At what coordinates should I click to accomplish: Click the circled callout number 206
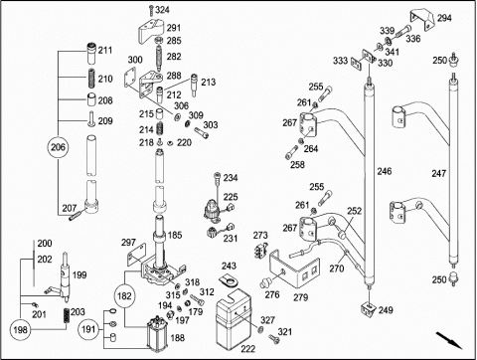pos(58,147)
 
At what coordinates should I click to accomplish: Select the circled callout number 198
pos(20,330)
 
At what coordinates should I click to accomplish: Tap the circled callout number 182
pos(124,295)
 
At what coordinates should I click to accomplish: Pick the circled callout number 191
pos(88,329)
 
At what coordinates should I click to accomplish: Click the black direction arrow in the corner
pos(449,340)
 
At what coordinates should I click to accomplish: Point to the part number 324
pos(162,10)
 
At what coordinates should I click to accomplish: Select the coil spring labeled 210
pos(91,78)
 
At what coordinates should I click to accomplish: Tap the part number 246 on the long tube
pos(385,171)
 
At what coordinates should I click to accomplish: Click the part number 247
pos(439,173)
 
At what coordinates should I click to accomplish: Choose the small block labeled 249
pos(368,309)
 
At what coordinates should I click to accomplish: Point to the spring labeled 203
pos(68,316)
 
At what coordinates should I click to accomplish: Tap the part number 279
pos(301,297)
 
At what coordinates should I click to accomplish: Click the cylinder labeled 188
pos(157,334)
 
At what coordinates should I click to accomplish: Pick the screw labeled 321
pos(274,338)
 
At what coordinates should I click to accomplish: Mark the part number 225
pos(231,197)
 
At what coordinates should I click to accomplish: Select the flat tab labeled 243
pos(230,280)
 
